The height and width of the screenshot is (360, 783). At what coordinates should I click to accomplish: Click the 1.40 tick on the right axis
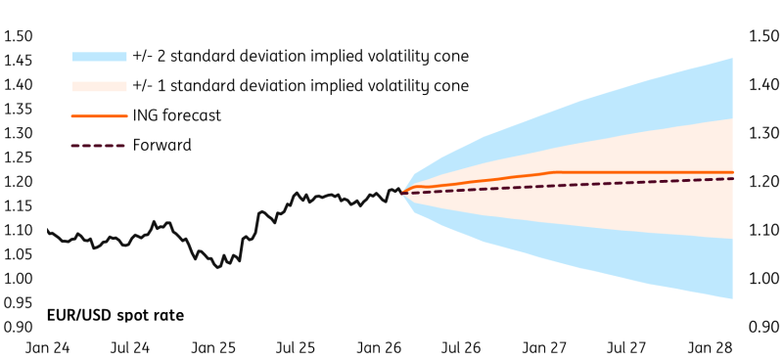point(763,85)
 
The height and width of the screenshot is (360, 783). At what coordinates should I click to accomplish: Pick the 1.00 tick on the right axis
point(763,279)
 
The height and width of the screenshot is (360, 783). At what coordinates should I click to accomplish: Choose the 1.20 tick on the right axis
point(763,182)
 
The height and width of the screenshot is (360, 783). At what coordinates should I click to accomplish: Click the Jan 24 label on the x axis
point(46,348)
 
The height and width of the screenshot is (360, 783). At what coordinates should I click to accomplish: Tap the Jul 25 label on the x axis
point(294,348)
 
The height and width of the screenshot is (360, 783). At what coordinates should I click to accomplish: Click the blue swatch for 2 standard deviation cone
point(99,56)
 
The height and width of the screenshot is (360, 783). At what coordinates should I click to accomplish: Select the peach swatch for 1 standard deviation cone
point(99,86)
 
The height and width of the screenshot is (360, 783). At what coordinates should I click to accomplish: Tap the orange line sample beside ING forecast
point(99,115)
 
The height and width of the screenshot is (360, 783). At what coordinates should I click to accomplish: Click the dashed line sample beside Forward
point(99,146)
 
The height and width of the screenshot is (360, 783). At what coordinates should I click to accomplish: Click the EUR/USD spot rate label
point(115,315)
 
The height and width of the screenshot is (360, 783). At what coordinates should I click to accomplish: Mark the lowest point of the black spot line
point(217,267)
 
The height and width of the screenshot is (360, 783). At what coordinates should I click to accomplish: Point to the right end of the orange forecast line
point(734,172)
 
